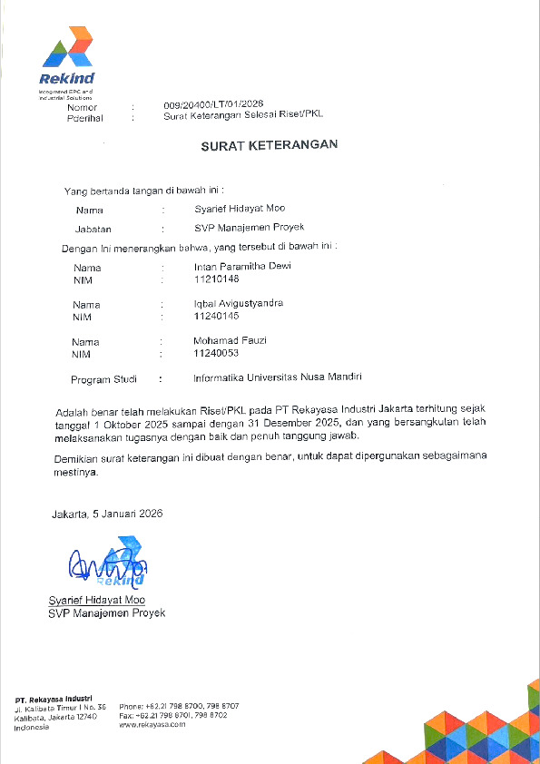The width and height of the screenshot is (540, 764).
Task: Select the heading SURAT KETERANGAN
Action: pos(270,143)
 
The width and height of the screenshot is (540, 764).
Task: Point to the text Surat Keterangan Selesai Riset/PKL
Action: pos(242,116)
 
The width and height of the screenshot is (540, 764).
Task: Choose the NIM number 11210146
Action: pos(216,279)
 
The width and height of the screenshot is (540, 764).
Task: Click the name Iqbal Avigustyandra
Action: pos(239,304)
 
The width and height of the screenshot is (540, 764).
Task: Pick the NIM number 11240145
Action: pos(216,316)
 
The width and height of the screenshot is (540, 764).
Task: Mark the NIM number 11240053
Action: pos(216,353)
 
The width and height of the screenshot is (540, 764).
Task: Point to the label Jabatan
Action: pos(93,229)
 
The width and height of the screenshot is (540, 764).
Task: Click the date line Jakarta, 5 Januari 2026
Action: pos(106,514)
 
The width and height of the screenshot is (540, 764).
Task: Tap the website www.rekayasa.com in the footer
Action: pos(152,724)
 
